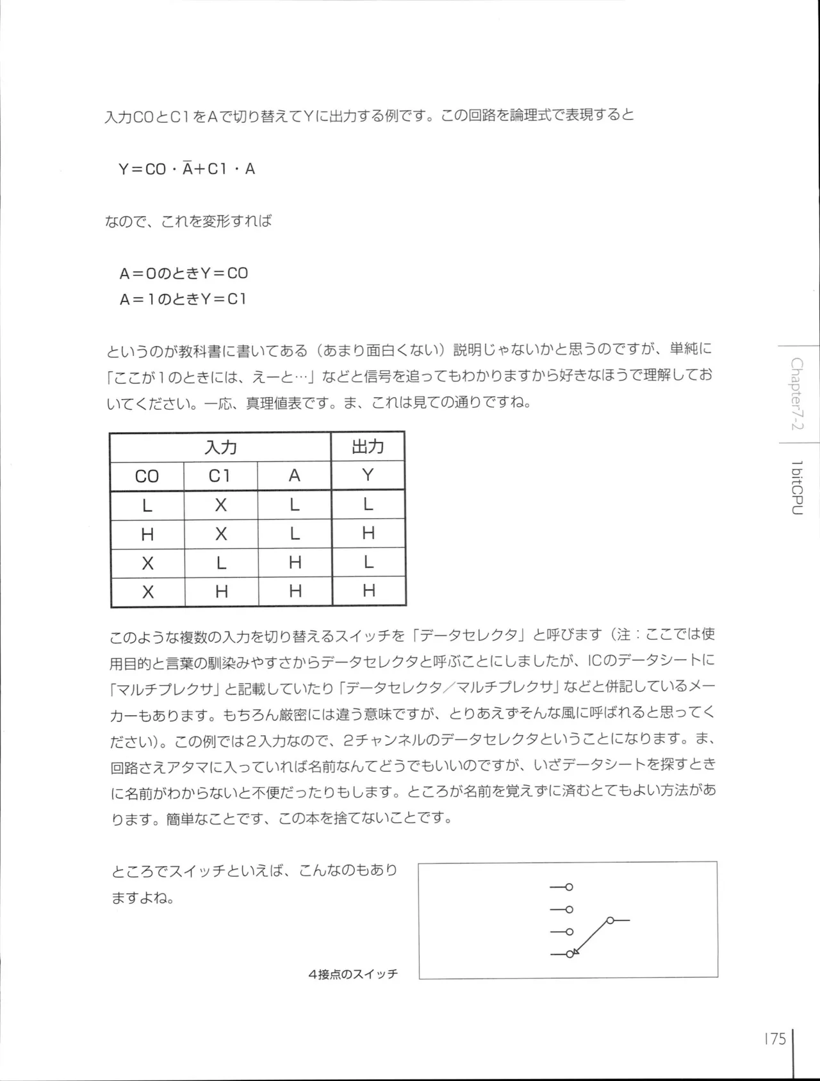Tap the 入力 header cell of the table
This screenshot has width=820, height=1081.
click(x=220, y=447)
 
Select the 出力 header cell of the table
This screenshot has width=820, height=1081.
click(x=368, y=446)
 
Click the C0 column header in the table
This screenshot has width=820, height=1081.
click(x=147, y=476)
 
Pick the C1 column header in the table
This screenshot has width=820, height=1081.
click(x=220, y=476)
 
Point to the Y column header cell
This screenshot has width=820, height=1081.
click(x=368, y=475)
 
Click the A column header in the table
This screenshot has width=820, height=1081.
click(x=294, y=476)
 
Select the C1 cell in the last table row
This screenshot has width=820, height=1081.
click(x=221, y=591)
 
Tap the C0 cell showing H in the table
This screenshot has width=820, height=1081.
click(x=147, y=534)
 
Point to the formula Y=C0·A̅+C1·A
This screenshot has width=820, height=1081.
click(x=187, y=169)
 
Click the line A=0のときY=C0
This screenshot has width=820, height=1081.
click(x=183, y=273)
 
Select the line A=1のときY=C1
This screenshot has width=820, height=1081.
click(x=183, y=299)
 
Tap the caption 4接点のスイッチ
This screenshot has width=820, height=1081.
click(x=353, y=974)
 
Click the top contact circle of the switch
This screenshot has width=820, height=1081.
click(x=569, y=887)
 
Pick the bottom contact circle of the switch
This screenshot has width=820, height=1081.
click(x=569, y=954)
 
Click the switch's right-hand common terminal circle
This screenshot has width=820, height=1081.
click(x=610, y=920)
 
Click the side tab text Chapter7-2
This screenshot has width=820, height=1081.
click(x=797, y=393)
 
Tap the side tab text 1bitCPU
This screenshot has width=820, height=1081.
click(x=797, y=488)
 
